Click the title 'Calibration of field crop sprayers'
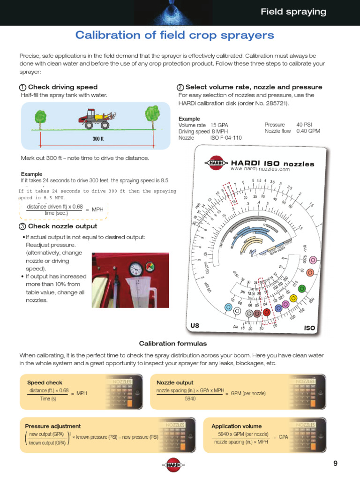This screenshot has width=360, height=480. [175, 35]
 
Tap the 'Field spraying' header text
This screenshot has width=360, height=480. [293, 12]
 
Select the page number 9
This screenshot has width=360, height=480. [335, 464]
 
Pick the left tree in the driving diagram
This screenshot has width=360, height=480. [41, 120]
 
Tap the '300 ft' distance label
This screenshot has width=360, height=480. [98, 139]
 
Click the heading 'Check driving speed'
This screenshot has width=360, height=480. [63, 87]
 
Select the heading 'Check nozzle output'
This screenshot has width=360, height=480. [63, 226]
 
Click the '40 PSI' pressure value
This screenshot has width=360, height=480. [304, 125]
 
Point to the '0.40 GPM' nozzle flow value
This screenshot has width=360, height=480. [308, 131]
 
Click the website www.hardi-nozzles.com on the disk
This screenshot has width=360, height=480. [260, 169]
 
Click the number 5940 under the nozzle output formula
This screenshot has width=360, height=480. [190, 398]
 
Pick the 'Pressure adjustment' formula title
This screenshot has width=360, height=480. [52, 426]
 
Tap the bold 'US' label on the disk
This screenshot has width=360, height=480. [195, 325]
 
